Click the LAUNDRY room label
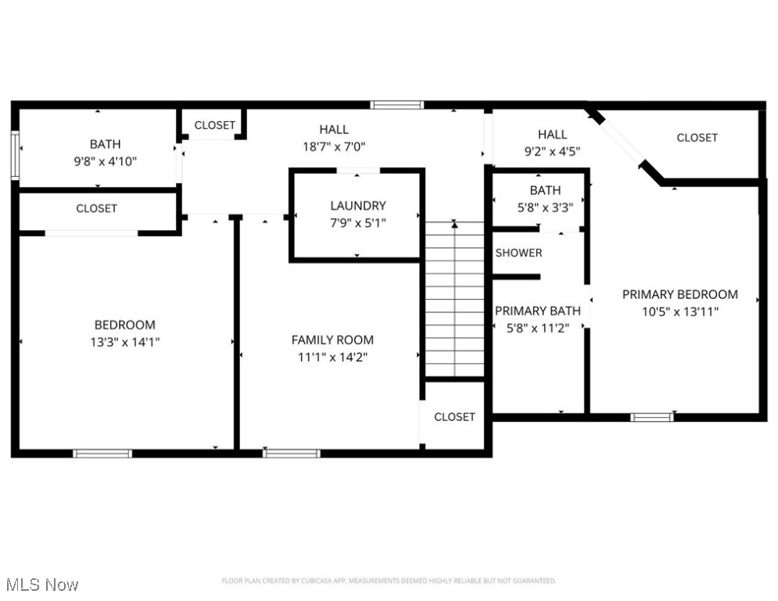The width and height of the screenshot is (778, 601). click(x=357, y=206)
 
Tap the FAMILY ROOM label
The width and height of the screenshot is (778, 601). click(x=332, y=340)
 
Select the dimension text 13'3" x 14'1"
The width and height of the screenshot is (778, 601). click(x=125, y=342)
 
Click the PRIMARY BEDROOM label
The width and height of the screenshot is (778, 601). click(x=679, y=294)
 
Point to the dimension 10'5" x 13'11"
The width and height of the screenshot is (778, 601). click(x=679, y=311)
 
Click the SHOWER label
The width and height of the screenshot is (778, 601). click(x=518, y=253)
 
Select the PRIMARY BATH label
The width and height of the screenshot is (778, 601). click(x=538, y=311)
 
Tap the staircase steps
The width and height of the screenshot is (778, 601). click(x=454, y=301)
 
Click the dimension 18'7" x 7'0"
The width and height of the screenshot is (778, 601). click(x=334, y=146)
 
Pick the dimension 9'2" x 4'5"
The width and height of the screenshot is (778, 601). click(x=552, y=151)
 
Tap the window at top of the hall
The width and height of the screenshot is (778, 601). click(x=397, y=105)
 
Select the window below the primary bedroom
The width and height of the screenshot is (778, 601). click(x=652, y=417)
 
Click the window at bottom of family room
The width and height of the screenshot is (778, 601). click(x=292, y=453)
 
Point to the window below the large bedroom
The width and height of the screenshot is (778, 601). click(x=102, y=453)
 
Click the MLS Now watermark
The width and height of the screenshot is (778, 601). click(x=41, y=585)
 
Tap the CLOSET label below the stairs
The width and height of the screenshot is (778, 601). click(x=454, y=417)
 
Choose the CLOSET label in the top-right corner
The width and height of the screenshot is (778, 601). click(x=697, y=138)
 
